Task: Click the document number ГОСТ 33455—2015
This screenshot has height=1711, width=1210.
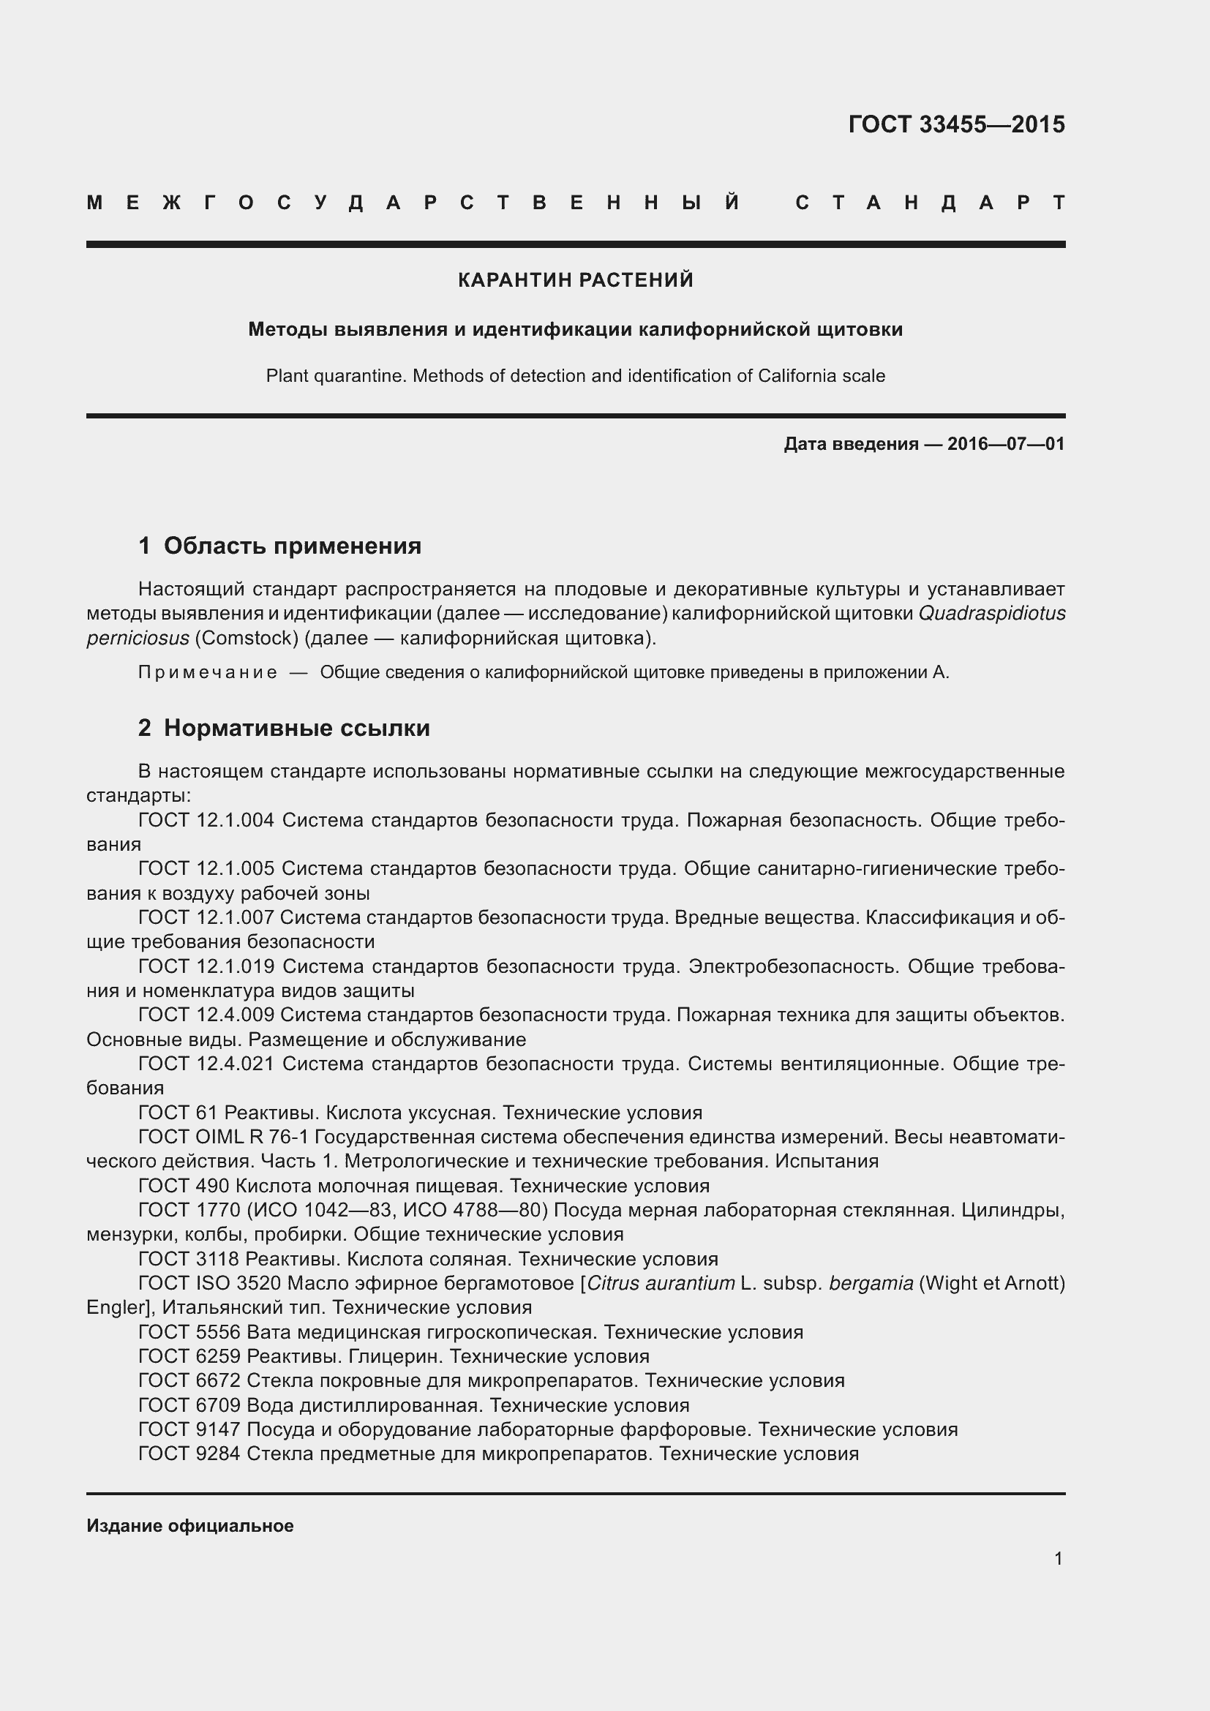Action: pos(956,124)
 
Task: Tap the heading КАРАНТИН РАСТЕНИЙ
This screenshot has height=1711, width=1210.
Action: pos(575,280)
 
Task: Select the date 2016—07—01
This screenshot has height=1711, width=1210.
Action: pos(1006,444)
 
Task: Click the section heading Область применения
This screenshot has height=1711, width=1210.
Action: pos(292,546)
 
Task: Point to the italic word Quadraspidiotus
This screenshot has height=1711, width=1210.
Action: pos(992,613)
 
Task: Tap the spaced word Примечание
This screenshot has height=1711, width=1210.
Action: pos(208,673)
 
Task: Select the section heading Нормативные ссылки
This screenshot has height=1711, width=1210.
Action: pos(296,728)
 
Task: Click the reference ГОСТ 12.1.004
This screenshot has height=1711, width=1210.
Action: pos(206,821)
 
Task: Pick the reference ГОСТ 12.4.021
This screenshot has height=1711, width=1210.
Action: pos(206,1064)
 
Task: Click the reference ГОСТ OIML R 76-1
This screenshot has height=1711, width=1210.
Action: pos(224,1137)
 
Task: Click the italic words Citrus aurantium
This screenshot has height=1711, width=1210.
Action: pos(661,1283)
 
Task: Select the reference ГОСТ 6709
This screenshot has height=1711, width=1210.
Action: pos(189,1405)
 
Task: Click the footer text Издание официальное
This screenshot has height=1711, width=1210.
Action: pos(190,1525)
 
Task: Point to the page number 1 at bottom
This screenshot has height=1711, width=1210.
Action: pos(1058,1558)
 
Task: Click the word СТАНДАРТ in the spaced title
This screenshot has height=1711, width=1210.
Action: pos(930,203)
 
